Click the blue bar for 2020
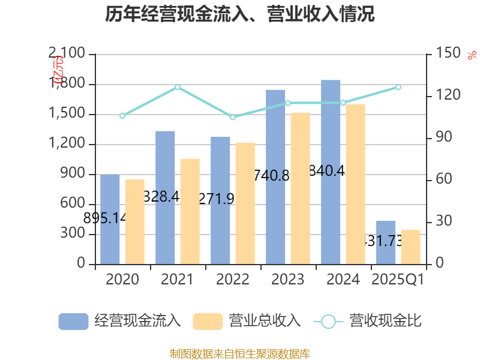(x=110, y=219)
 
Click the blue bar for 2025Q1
(x=386, y=242)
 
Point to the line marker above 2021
(x=178, y=87)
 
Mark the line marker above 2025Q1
(x=398, y=87)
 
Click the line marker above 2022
(x=233, y=117)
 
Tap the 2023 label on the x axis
(x=288, y=280)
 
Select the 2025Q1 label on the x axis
(x=398, y=280)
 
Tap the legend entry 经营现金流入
(x=120, y=321)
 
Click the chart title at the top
(x=240, y=14)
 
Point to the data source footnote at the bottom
(x=240, y=353)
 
